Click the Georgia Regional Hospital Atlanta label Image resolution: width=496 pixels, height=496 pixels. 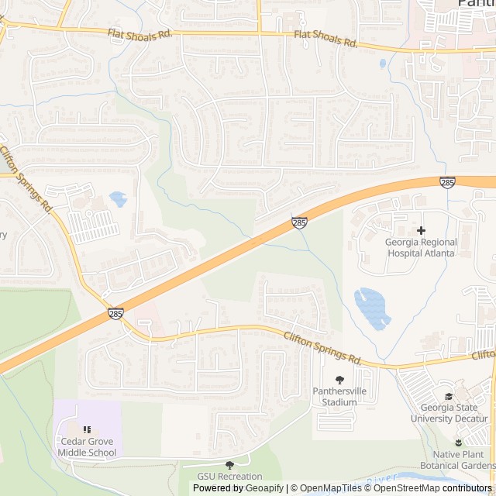click(x=421, y=247)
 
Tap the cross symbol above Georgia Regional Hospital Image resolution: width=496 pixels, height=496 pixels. click(x=421, y=230)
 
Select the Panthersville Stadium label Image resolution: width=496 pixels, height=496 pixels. click(x=339, y=397)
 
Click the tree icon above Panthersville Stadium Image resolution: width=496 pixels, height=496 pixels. click(x=339, y=379)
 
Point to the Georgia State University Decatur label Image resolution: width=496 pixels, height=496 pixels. click(x=454, y=412)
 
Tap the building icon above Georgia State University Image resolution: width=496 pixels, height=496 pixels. click(x=460, y=394)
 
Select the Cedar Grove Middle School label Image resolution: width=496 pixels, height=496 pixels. click(x=86, y=447)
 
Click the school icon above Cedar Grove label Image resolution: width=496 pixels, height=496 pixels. click(x=86, y=429)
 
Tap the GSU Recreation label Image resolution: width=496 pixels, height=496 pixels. click(x=229, y=476)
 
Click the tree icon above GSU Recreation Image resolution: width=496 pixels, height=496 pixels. click(x=229, y=464)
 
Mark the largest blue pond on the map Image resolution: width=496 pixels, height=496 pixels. click(x=370, y=308)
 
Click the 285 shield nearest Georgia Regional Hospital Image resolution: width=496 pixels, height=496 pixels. click(x=446, y=182)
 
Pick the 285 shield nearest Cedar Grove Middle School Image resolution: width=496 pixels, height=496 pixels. click(x=115, y=314)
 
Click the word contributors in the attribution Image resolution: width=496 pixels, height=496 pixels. click(x=467, y=488)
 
